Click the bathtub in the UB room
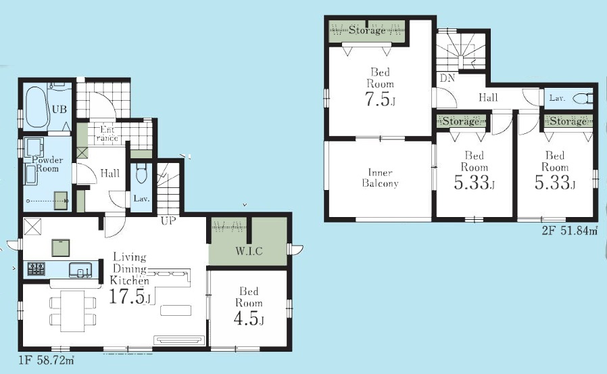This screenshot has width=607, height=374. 36,108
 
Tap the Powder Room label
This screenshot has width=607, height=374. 47,164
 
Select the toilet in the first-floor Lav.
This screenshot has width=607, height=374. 141,174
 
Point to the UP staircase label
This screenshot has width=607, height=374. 168,221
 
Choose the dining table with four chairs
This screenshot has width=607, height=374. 73,311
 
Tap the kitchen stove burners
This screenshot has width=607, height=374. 36,268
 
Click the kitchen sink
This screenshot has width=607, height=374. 80,270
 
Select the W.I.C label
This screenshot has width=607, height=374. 249,252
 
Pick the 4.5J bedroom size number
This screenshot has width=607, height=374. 249,319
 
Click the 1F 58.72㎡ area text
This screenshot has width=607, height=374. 46,360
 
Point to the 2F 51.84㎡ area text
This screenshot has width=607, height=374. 570,231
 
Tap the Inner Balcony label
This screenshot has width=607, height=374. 380,178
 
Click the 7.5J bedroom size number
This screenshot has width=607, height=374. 380,99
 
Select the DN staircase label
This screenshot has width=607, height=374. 447,78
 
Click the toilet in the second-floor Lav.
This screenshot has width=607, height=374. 583,98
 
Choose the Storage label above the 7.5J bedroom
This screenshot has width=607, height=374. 367,30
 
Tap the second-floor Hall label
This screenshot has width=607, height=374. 488,97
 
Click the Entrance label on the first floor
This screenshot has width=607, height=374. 107,134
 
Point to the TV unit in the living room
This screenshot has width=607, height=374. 179,340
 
